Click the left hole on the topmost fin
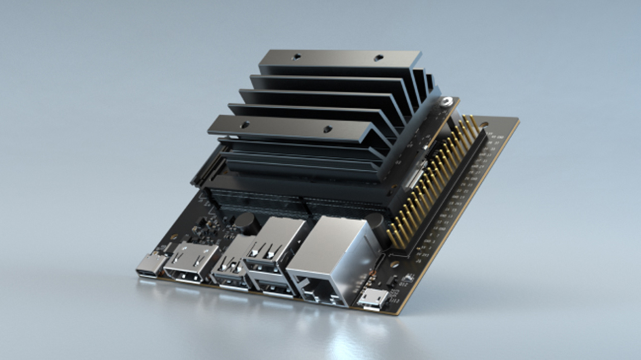[297, 57]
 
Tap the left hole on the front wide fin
[245, 124]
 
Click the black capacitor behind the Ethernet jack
[375, 222]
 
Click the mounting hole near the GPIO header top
[484, 124]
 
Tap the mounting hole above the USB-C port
[174, 237]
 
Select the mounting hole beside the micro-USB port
[394, 264]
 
